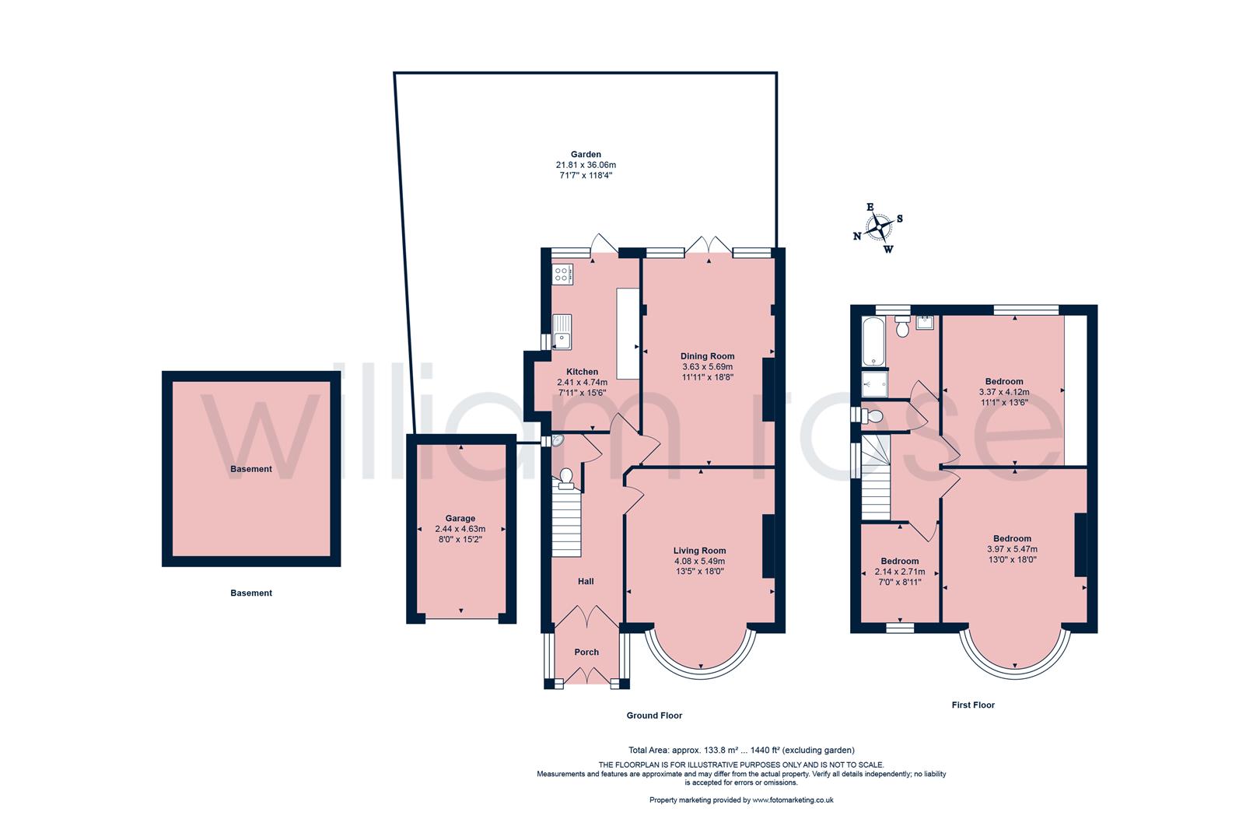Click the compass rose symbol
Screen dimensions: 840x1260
880,227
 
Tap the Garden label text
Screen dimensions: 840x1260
585,155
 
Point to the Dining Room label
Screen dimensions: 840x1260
707,356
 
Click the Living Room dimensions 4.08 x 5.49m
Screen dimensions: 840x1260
699,561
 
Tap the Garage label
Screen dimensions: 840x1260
460,518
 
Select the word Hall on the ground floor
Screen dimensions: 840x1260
586,581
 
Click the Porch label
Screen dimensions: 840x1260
586,652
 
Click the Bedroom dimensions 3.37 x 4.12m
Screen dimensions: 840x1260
1003,392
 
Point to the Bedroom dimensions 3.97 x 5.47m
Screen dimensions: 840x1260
1011,549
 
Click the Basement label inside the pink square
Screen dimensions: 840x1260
250,469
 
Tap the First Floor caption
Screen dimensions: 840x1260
973,705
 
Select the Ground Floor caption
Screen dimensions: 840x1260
654,715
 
